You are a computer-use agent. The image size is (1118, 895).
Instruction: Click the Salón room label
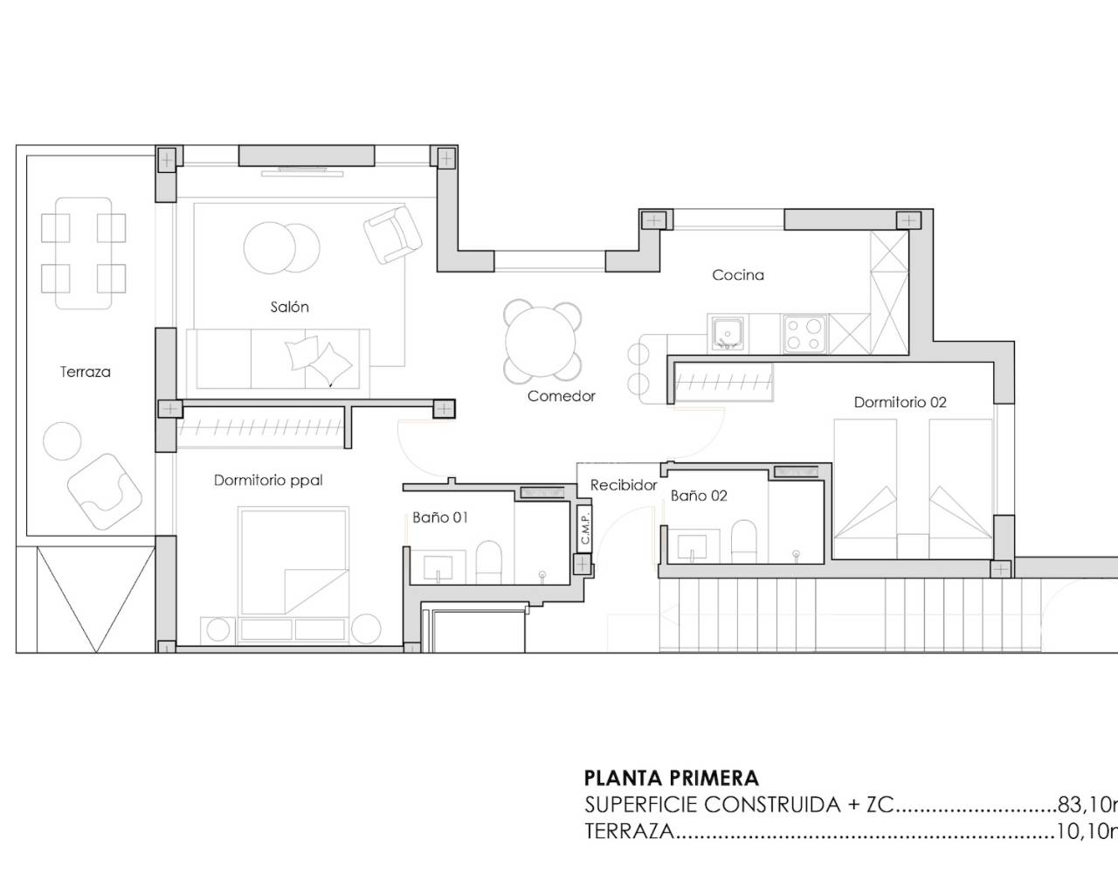coord(289,308)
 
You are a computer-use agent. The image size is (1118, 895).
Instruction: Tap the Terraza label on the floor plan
coord(86,372)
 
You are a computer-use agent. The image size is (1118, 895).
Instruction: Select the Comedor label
coord(562,397)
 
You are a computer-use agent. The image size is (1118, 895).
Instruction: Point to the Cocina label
coord(738,275)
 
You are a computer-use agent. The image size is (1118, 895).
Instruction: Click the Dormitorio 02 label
coord(900,403)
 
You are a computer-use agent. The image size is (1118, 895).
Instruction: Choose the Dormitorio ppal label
coord(268,481)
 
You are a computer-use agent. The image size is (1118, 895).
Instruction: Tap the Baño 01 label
coord(440,517)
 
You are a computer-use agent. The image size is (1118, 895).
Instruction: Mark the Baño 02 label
coord(699,496)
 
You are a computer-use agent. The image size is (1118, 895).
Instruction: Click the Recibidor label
coord(624,486)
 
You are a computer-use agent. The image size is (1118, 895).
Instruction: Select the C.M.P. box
coord(585,528)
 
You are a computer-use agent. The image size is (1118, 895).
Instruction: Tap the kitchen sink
coord(728,334)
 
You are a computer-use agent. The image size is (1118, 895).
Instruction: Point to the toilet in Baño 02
coord(743,542)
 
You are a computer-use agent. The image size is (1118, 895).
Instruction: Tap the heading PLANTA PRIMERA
coord(671,778)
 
